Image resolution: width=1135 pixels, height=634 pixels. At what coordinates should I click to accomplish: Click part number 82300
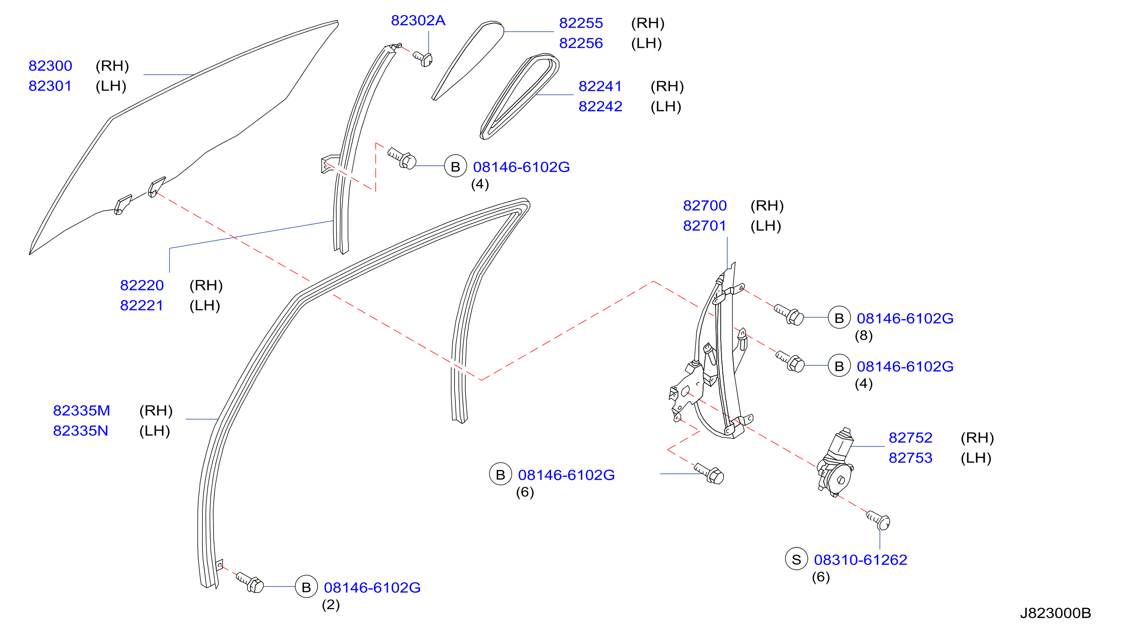point(50,66)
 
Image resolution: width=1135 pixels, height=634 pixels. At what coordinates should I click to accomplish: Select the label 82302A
point(418,20)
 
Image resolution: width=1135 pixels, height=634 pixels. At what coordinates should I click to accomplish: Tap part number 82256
point(581,43)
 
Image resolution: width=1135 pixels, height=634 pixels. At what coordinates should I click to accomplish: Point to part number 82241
point(600,86)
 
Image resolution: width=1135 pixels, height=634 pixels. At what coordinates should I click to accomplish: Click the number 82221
point(141,305)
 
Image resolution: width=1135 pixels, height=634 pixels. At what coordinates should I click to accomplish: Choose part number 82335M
point(82,411)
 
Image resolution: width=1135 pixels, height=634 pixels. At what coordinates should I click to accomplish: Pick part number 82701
point(704,226)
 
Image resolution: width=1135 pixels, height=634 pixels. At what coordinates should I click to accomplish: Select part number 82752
point(910,437)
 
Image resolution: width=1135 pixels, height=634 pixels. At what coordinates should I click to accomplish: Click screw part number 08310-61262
point(860,560)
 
